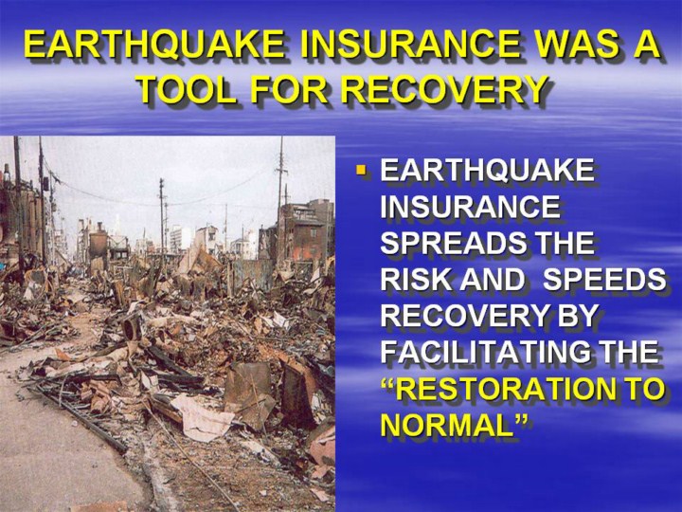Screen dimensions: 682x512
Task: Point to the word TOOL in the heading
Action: (188, 90)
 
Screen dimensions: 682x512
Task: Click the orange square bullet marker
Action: (361, 169)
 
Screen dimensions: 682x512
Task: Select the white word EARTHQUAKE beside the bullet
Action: (487, 170)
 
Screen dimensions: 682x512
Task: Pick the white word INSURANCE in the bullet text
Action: (470, 207)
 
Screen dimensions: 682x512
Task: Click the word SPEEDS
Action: (604, 280)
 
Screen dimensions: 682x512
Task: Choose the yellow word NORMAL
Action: (446, 426)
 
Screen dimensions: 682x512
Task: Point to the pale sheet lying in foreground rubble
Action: (204, 417)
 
